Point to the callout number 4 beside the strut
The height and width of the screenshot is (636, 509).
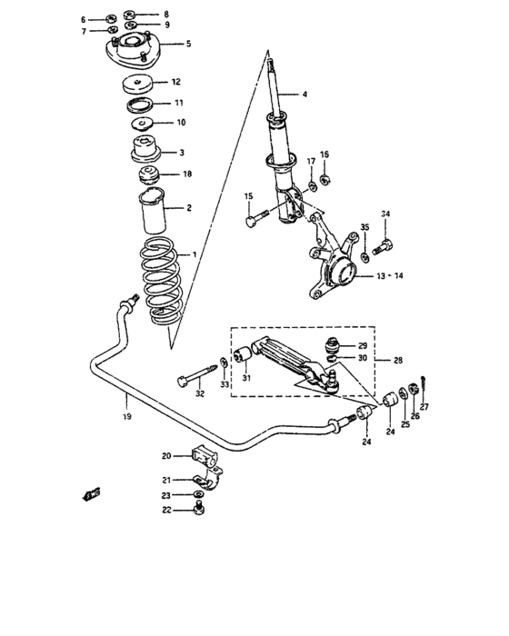coord(305,94)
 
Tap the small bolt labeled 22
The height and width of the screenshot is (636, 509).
coord(199,512)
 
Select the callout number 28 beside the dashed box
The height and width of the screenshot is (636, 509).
coord(398,361)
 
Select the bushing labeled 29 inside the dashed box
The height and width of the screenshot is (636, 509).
coord(334,347)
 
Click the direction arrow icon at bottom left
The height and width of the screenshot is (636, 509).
coord(92,493)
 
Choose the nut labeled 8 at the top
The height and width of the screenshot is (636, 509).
coord(130,15)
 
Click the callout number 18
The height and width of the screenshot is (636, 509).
coord(187,173)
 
